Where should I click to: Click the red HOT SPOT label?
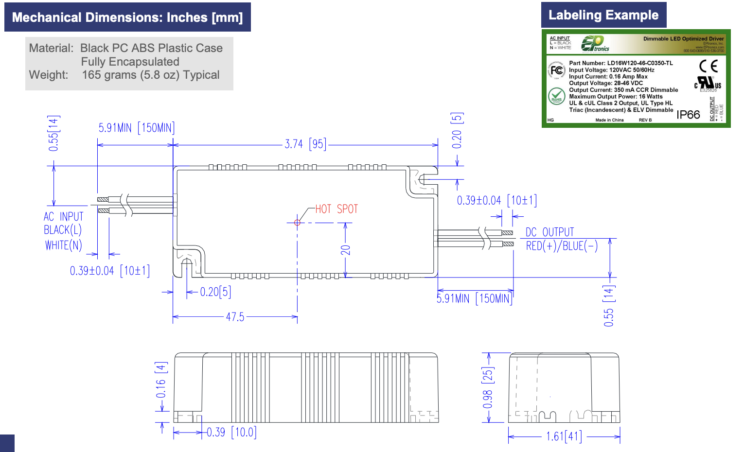(x=336, y=209)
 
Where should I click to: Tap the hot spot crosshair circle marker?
(x=297, y=223)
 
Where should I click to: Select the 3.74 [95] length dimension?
(x=305, y=144)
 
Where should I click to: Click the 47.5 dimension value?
(x=235, y=317)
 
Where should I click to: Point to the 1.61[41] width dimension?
(x=564, y=436)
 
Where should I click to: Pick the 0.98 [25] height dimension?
(x=488, y=387)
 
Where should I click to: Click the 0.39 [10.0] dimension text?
(x=231, y=432)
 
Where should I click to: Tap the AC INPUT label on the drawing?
(x=64, y=216)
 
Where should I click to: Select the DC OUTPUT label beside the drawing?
(x=549, y=232)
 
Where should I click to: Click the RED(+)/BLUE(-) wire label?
(x=562, y=246)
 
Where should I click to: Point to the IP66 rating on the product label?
(x=688, y=115)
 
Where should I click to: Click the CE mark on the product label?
(x=708, y=66)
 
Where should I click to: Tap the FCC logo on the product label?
(x=556, y=71)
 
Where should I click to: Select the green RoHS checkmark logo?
(x=556, y=96)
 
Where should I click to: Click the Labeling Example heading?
(x=603, y=15)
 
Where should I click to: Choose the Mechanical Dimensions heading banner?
(x=127, y=17)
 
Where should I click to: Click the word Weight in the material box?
(x=48, y=75)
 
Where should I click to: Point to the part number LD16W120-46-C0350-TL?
(x=640, y=63)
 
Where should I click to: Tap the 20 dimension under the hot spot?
(x=345, y=250)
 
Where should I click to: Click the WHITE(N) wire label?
(x=64, y=245)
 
